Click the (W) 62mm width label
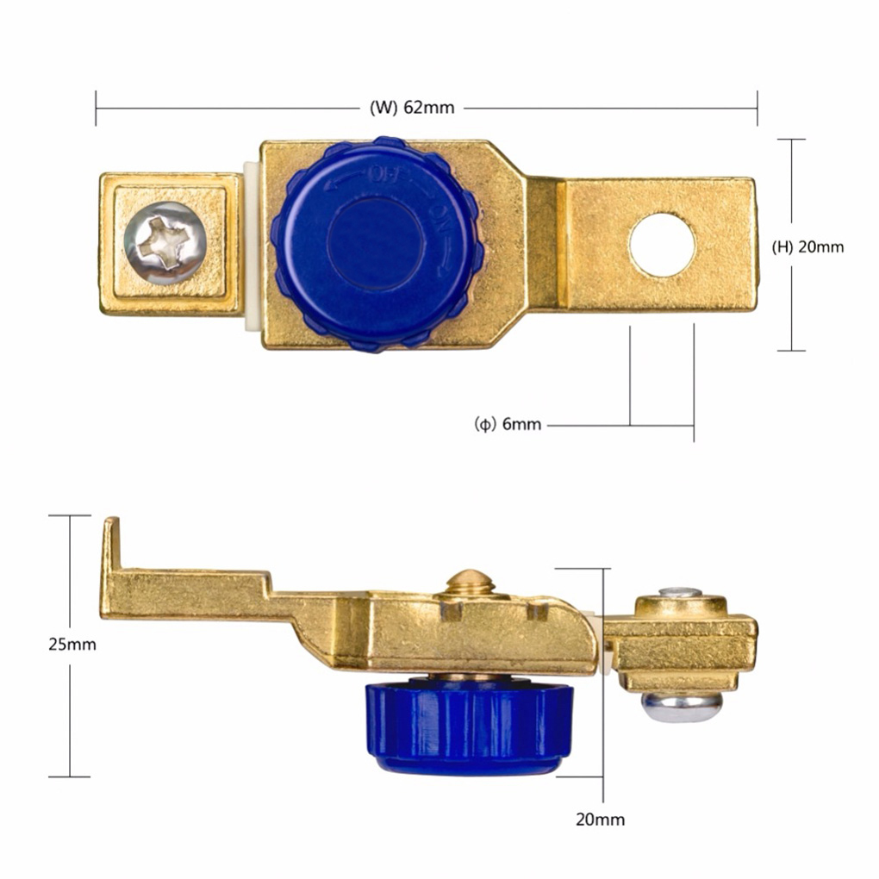pos(412,109)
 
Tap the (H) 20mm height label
pos(807,246)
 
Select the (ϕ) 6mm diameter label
pos(508,424)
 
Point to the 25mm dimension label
pos(72,645)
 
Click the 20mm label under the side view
pos(601,820)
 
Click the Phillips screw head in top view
pos(165,243)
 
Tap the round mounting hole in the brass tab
pos(662,245)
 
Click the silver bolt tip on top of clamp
pos(681,593)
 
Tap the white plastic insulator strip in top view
pos(252,246)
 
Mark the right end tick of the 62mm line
pos(757,109)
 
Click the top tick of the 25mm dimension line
pos(70,515)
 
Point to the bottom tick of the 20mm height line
pos(792,350)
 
